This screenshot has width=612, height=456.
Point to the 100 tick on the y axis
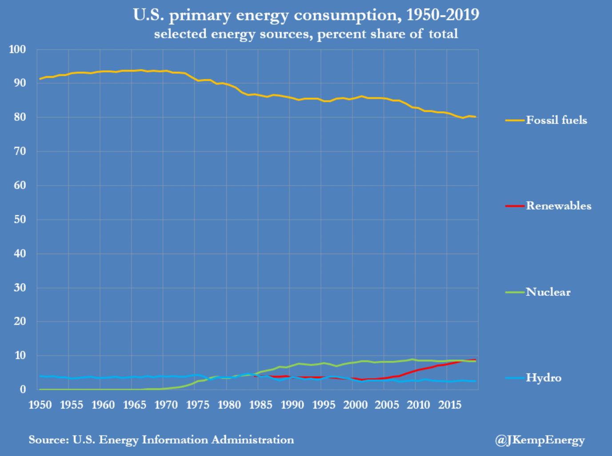pyautogui.click(x=17, y=49)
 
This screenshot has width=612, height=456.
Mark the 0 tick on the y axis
pyautogui.click(x=23, y=390)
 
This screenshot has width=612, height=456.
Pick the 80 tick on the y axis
pyautogui.click(x=20, y=117)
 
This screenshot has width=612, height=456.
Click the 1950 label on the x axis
pyautogui.click(x=40, y=405)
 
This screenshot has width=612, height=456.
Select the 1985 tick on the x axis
pyautogui.click(x=260, y=405)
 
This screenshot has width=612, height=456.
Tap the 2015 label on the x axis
pyautogui.click(x=450, y=405)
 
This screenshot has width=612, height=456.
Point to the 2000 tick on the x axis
pyautogui.click(x=355, y=405)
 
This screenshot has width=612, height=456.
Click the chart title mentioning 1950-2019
pyautogui.click(x=306, y=15)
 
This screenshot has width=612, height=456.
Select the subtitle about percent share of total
pyautogui.click(x=306, y=34)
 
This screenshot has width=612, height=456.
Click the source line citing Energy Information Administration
pyautogui.click(x=161, y=440)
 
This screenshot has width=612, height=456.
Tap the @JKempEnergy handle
pyautogui.click(x=540, y=440)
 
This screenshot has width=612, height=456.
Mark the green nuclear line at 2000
pyautogui.click(x=352, y=363)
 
